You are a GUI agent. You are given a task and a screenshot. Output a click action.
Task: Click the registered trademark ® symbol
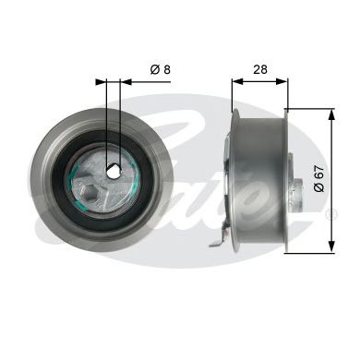(x=333, y=214)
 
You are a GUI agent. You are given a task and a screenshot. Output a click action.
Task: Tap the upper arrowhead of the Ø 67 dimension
(x=330, y=114)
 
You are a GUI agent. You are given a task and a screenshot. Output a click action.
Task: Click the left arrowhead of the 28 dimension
(x=234, y=80)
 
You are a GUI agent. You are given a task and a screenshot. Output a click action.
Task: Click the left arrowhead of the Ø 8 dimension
(x=102, y=80)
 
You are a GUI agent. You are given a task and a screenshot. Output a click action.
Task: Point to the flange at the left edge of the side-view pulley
(x=233, y=175)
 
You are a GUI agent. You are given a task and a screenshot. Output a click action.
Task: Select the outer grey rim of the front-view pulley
(x=42, y=175)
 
